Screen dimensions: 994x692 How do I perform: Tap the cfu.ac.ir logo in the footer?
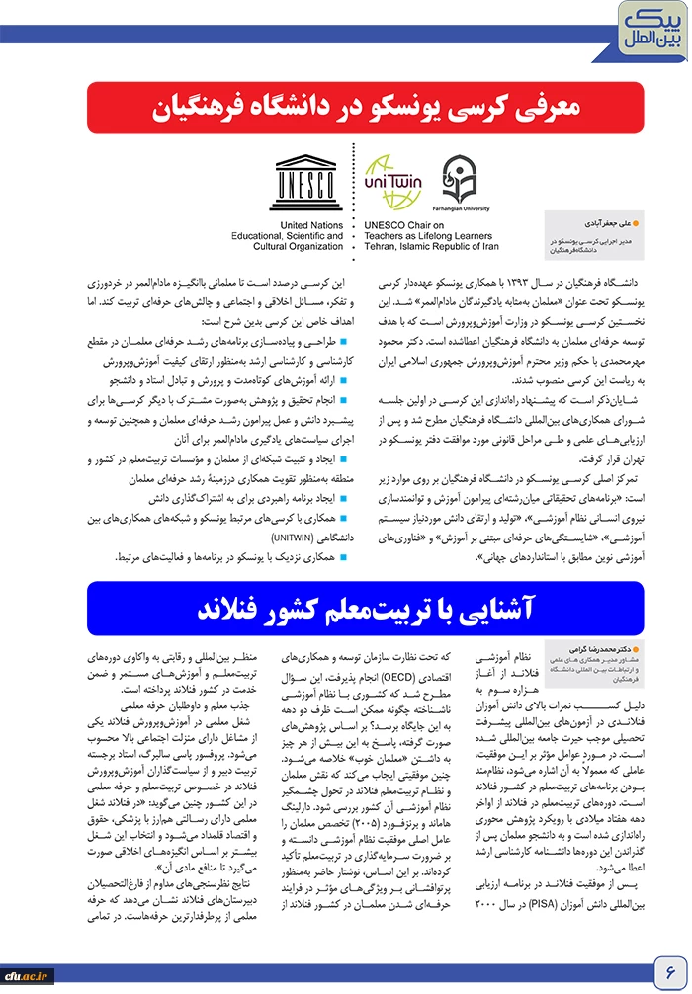click(x=26, y=976)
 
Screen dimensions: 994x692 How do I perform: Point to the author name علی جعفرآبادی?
click(x=587, y=226)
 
